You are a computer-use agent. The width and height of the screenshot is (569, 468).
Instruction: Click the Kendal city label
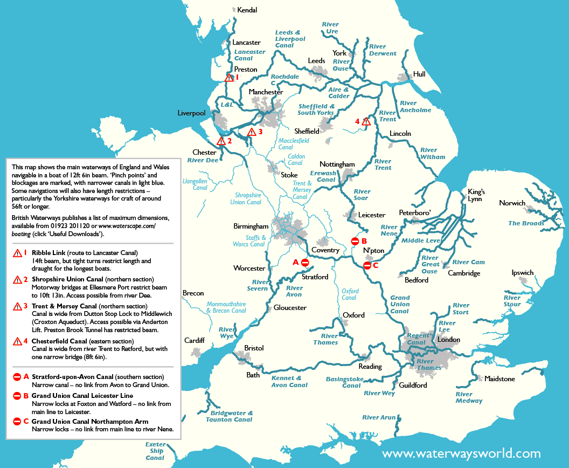click(x=247, y=10)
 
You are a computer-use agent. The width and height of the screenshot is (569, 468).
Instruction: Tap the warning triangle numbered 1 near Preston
click(x=229, y=78)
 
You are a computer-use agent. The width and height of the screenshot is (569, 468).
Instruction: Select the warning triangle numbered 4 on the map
click(x=366, y=121)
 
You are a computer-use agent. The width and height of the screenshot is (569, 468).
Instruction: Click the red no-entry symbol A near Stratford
click(x=305, y=262)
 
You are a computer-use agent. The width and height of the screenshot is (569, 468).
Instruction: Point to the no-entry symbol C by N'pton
click(x=367, y=265)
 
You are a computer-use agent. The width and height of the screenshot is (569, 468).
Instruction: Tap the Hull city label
click(x=419, y=74)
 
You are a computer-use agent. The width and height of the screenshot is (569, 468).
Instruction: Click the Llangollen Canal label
click(x=195, y=184)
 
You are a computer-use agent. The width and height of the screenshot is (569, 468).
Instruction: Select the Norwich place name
click(x=512, y=203)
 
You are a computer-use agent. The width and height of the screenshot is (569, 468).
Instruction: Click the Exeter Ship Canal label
click(x=155, y=451)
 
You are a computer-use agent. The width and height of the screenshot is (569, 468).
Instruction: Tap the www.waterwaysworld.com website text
click(x=461, y=453)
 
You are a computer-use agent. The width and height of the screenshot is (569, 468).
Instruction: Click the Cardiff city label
click(x=194, y=340)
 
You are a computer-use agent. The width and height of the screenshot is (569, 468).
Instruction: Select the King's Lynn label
click(x=476, y=195)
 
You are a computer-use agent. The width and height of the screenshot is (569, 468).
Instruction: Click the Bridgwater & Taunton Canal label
click(x=228, y=416)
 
